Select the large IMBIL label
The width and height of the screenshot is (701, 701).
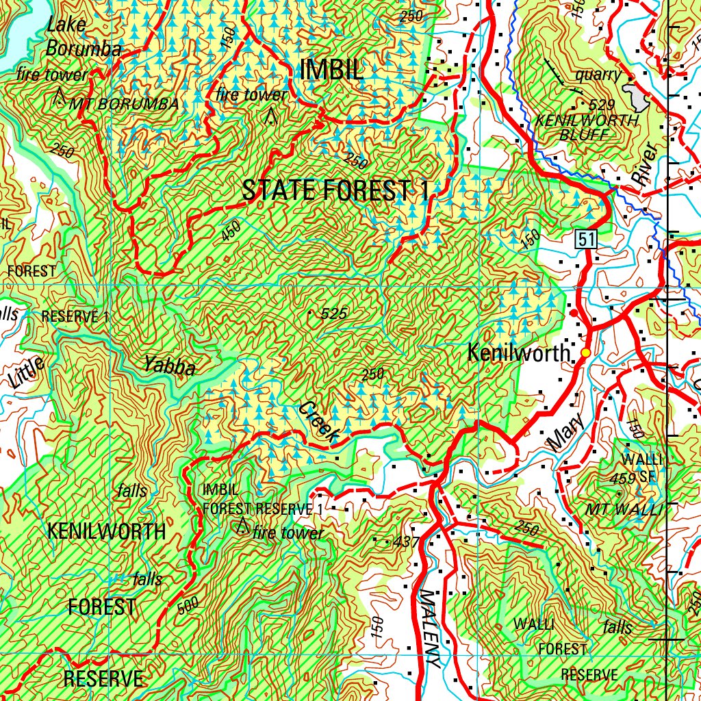(331, 70)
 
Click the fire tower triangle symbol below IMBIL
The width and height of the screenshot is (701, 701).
(271, 116)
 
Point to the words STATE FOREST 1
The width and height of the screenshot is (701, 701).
(335, 191)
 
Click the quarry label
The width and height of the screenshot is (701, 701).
(598, 75)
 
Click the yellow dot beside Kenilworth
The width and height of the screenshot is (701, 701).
(585, 352)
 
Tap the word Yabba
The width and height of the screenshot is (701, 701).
(170, 368)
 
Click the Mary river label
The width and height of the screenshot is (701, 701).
(567, 433)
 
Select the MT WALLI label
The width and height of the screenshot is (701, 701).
(624, 509)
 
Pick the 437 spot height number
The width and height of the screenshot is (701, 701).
(406, 542)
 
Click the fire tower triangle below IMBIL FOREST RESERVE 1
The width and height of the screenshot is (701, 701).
(242, 526)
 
